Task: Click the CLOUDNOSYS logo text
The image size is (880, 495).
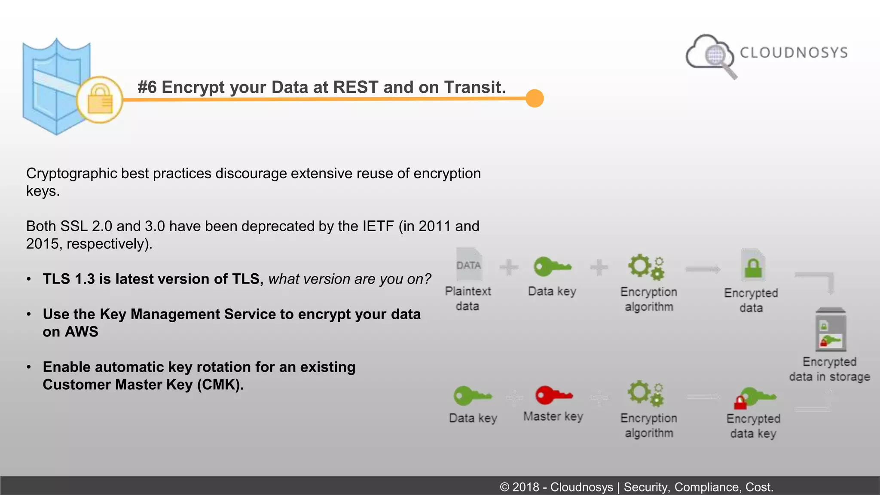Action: (794, 52)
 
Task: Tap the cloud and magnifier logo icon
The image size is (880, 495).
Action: (711, 55)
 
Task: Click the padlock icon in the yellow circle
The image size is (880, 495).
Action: (100, 100)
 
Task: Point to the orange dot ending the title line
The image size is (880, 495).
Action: (535, 98)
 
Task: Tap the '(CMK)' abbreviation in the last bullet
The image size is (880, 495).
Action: (220, 384)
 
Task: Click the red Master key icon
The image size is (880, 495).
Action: (553, 395)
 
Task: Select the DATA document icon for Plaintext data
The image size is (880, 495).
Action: (469, 263)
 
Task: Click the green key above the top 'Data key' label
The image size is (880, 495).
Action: (552, 267)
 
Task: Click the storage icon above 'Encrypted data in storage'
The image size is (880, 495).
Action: (831, 330)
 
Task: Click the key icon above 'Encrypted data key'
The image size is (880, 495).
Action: (755, 397)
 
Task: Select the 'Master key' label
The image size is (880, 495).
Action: (553, 416)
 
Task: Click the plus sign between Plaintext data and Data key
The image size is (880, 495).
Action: (509, 267)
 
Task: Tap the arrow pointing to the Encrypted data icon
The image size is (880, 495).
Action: (703, 269)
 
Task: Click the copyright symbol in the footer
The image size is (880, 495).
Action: (504, 487)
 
